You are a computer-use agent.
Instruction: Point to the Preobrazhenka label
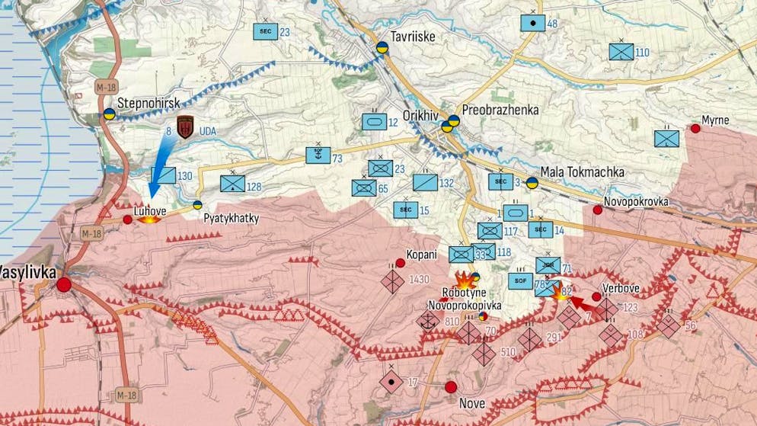tap(500, 110)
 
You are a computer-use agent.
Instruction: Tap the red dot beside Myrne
tap(695, 129)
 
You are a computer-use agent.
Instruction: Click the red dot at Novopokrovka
tap(598, 210)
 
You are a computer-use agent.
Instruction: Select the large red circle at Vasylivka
tap(64, 285)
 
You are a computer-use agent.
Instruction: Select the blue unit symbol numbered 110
tap(621, 52)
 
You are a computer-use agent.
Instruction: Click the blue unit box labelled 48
tap(532, 23)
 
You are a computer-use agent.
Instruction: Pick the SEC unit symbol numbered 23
tap(265, 31)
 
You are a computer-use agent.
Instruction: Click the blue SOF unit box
tap(521, 280)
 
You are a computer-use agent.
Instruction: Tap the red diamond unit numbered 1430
tap(393, 281)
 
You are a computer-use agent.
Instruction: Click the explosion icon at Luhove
tap(149, 219)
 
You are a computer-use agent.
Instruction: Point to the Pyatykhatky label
tap(232, 219)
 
